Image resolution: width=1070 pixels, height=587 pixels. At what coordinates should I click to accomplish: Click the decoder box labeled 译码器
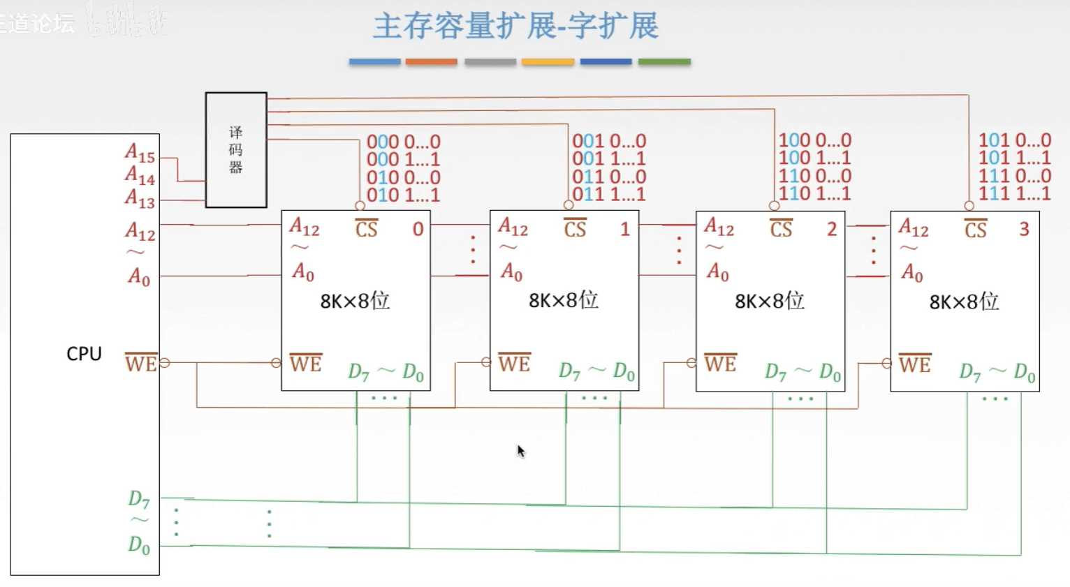[x=236, y=150]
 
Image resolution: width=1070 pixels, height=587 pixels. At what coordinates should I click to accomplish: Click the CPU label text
[x=84, y=354]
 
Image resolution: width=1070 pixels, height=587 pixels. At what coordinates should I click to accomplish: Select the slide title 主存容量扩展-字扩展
[x=515, y=27]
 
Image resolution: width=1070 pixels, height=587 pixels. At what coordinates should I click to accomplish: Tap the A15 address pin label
[x=140, y=153]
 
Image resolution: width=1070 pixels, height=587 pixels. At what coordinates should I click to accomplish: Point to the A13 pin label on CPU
[x=140, y=199]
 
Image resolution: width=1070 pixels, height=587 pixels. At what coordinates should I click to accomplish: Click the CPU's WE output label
[x=140, y=363]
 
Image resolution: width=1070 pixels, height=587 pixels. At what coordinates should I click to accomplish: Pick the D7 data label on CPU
[x=139, y=499]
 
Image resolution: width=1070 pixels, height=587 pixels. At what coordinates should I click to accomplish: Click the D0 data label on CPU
[x=139, y=544]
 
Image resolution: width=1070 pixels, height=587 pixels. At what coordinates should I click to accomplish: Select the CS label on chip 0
[x=366, y=229]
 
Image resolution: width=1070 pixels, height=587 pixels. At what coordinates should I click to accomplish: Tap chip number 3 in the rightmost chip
[x=1024, y=229]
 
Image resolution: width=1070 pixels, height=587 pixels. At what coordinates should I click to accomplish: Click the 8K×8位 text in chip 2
[x=770, y=301]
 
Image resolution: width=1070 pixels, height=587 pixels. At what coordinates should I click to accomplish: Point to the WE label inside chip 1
[x=514, y=364]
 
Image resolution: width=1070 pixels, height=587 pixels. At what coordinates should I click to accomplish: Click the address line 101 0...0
[x=1014, y=140]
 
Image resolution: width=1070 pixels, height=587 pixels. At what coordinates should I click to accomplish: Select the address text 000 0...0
[x=404, y=142]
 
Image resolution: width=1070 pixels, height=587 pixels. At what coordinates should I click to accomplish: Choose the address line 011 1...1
[x=609, y=194]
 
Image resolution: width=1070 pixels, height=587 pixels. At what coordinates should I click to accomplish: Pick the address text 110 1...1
[x=814, y=193]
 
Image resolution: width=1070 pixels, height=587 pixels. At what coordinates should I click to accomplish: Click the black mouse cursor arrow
[x=520, y=451]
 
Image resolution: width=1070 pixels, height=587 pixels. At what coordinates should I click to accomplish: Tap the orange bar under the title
[x=431, y=62]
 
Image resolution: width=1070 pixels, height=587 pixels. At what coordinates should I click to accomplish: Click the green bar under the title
[x=664, y=62]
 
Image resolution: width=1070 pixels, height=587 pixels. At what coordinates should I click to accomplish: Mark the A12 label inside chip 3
[x=913, y=228]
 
